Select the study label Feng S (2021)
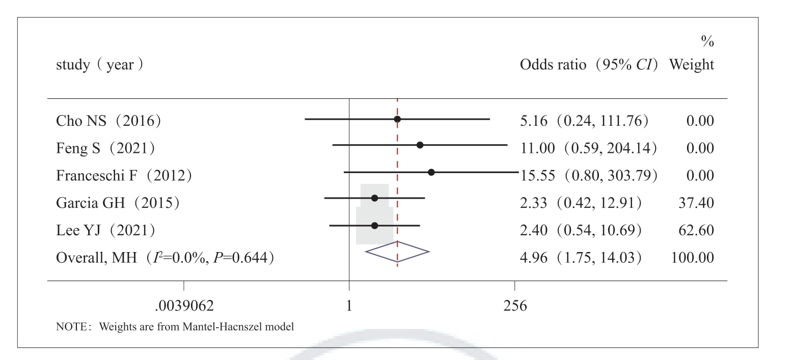point(105,148)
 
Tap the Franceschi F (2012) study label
point(124,175)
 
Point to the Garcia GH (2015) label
point(118,203)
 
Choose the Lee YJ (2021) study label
point(105,230)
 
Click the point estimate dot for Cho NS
point(398,119)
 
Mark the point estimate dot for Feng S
point(420,145)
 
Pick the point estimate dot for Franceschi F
point(431,172)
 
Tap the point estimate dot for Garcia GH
point(375,198)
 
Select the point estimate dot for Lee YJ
point(375,225)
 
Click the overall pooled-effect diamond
point(397,251)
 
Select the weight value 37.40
point(699,203)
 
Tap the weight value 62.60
point(699,230)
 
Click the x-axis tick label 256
point(515,307)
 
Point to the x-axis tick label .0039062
point(184,307)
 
